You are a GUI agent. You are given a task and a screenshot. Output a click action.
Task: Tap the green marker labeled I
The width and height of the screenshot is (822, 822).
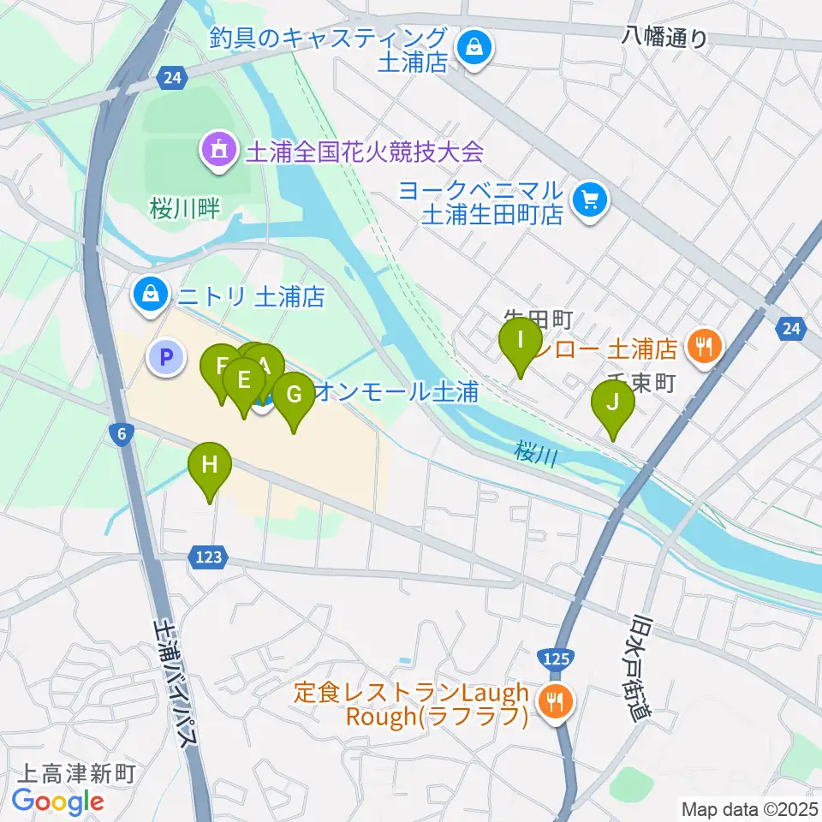[520, 340]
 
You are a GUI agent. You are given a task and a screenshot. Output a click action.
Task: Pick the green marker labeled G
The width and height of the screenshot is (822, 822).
[294, 395]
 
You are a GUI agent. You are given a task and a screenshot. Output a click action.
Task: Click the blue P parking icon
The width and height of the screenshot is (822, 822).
[167, 356]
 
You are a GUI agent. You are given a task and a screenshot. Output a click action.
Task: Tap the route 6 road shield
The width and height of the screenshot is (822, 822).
[123, 435]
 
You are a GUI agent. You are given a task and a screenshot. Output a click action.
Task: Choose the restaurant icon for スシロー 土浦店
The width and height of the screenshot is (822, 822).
[705, 347]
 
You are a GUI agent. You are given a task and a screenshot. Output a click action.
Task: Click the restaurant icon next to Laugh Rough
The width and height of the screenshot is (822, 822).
[556, 703]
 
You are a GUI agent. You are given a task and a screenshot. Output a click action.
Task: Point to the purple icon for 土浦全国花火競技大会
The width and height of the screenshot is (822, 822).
[217, 152]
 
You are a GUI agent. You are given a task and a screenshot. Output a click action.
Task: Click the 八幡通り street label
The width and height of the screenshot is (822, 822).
[665, 37]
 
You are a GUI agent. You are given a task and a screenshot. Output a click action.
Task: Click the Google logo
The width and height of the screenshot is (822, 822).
[57, 801]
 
